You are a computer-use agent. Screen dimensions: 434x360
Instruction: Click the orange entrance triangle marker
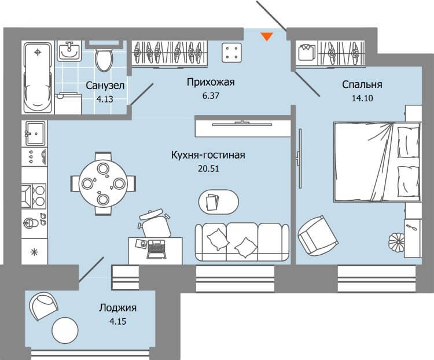(x=267, y=36)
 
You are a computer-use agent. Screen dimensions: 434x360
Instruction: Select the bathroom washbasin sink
(x=69, y=51)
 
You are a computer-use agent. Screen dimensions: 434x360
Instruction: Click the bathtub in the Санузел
(x=38, y=77)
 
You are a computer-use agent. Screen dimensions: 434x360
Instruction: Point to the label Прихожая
(x=211, y=82)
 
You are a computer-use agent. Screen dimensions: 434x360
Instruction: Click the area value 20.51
(x=208, y=168)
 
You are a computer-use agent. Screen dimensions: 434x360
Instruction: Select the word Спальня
(x=362, y=85)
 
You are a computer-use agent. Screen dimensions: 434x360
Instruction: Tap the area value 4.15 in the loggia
(x=117, y=321)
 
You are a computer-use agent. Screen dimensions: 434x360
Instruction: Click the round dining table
(x=103, y=183)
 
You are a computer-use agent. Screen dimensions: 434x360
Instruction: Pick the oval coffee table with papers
(x=219, y=202)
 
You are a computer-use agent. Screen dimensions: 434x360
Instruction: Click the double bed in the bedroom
(x=377, y=161)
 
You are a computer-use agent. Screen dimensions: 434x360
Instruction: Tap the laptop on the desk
(x=157, y=249)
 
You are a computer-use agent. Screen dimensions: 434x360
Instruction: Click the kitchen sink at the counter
(x=35, y=134)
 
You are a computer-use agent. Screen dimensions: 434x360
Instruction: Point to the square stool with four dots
(x=231, y=53)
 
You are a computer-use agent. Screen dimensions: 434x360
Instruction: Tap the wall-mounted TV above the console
(x=242, y=123)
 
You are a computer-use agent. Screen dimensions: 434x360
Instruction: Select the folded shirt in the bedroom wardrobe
(x=307, y=52)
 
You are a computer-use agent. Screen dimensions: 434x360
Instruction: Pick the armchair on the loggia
(x=44, y=306)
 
